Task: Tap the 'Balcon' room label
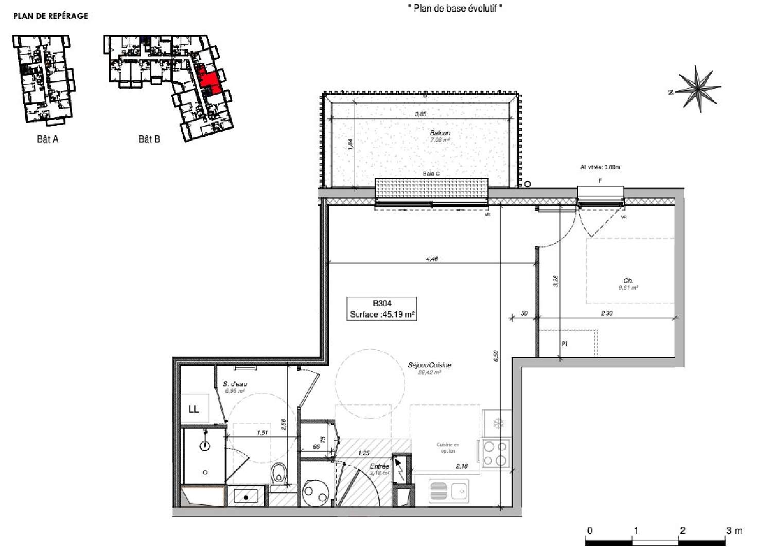[440, 133]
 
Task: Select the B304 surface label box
[382, 309]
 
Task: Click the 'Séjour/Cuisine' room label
[429, 365]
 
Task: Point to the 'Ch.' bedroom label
[628, 281]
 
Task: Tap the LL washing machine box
[195, 409]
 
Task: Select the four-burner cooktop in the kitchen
[496, 453]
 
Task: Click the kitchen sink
[448, 491]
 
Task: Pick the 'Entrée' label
[379, 466]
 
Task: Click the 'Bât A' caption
[47, 139]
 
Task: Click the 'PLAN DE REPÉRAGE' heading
[50, 16]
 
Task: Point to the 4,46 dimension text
[432, 259]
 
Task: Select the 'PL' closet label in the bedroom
[565, 344]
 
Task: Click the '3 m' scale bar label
[734, 530]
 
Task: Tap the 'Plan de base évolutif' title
[455, 8]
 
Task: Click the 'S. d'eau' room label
[235, 384]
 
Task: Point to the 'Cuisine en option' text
[448, 448]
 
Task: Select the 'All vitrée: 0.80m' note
[600, 167]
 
